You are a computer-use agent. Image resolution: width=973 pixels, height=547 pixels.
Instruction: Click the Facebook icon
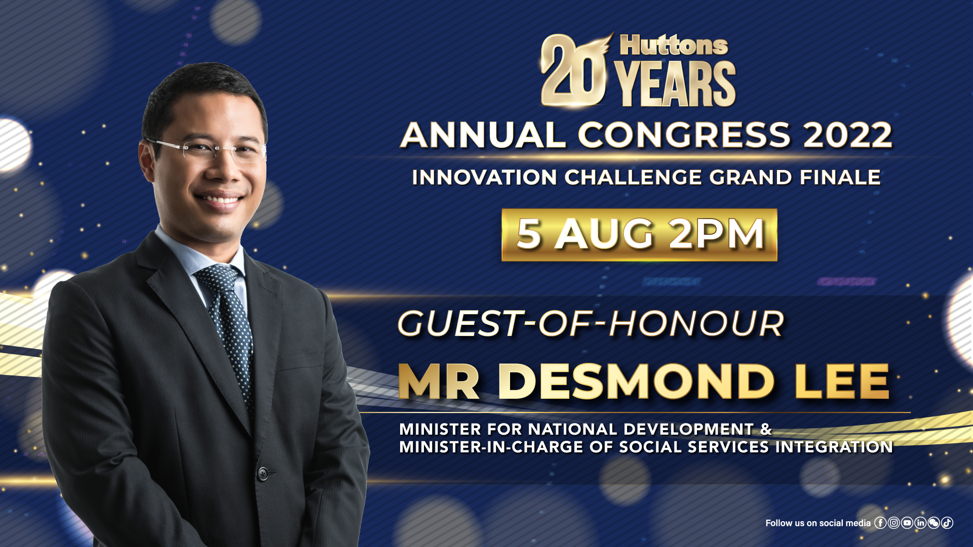coord(880,523)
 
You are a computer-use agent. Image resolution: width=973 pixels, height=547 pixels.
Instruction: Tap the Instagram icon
coord(894,523)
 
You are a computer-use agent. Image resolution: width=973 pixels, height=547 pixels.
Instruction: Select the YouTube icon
coord(907,523)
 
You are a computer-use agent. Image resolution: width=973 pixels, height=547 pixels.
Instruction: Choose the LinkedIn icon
coord(920,523)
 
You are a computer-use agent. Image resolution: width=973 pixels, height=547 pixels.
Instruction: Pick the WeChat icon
coord(933,523)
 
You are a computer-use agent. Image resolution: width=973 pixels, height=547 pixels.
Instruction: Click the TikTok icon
coord(947,523)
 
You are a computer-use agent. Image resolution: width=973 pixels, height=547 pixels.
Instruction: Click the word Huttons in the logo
coord(674,46)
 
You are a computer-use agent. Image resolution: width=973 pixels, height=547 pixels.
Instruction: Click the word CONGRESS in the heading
coord(684,135)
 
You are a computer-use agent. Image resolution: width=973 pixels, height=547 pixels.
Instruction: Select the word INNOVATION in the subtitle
coord(485,178)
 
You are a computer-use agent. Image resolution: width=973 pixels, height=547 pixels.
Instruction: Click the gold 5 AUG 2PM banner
coord(639,235)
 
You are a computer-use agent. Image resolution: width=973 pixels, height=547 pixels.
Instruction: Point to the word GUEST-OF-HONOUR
coord(591,324)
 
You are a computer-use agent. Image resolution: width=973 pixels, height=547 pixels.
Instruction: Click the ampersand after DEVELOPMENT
coord(766,429)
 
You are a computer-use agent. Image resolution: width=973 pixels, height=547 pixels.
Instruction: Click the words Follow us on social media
coord(818,523)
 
